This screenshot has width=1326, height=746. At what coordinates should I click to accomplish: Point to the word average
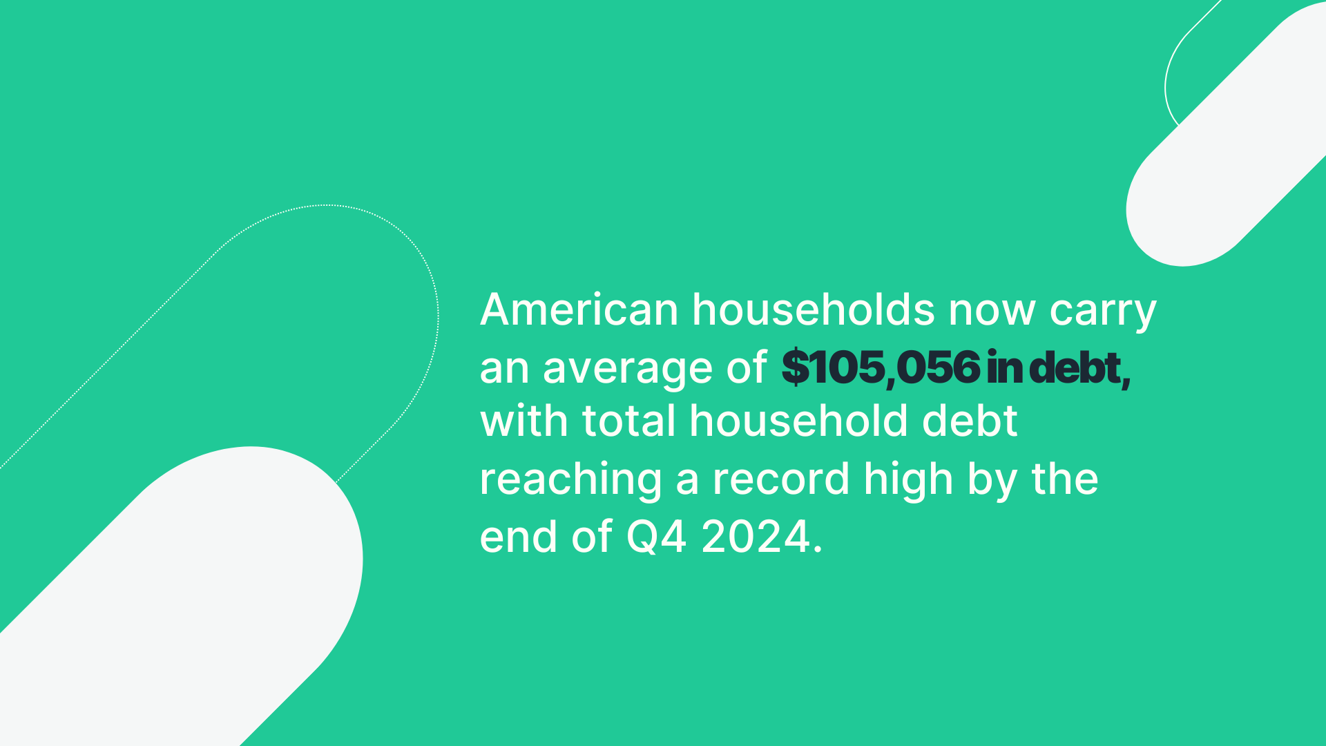[x=627, y=369]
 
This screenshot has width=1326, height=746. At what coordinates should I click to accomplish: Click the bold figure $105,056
[x=881, y=367]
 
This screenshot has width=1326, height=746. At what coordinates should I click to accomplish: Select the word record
[x=781, y=478]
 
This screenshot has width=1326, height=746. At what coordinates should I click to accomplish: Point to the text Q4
[x=656, y=537]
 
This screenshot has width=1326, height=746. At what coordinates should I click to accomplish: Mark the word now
[x=992, y=311]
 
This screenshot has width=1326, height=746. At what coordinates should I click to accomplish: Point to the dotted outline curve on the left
[x=325, y=205]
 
